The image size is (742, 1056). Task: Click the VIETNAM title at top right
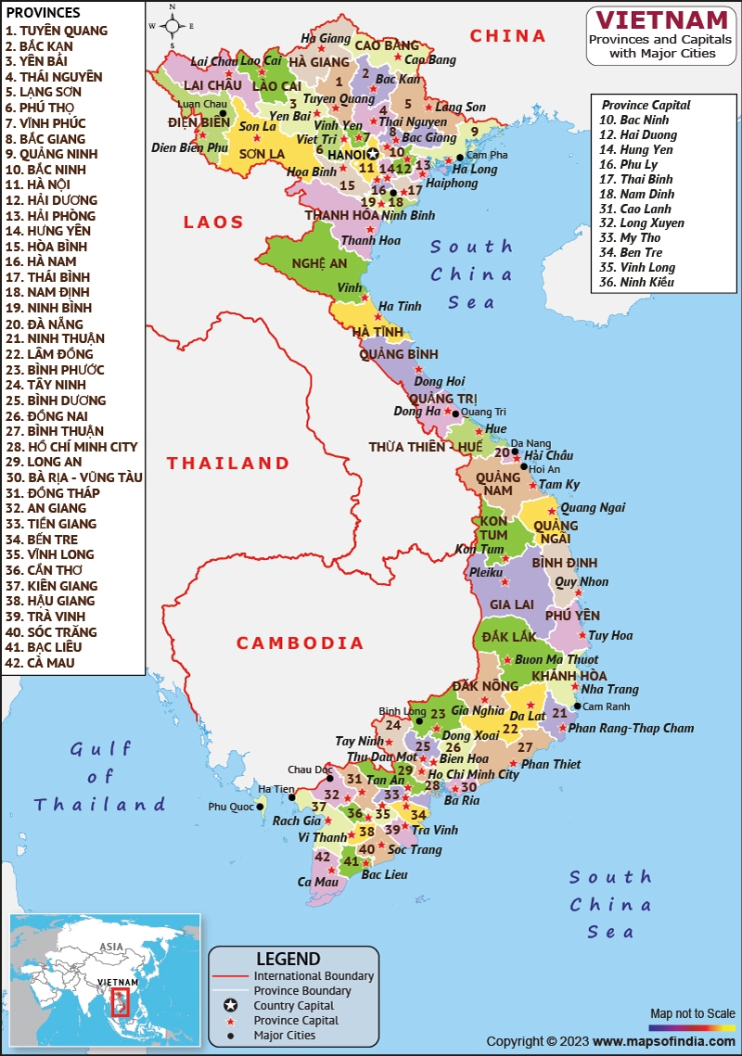pos(661,20)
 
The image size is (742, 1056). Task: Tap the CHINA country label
pos(507,36)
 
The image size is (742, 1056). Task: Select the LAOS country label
pos(213,223)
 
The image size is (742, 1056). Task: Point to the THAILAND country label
pos(228,463)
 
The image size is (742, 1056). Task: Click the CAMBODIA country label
pos(300,643)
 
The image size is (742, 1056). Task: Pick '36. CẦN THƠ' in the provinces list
pos(44,570)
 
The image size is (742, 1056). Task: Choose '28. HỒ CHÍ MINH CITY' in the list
pos(70,447)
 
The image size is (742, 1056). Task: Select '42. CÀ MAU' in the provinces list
pos(40,663)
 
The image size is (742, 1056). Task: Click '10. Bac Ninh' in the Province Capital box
pos(633,120)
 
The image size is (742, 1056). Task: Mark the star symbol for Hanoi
pos(372,154)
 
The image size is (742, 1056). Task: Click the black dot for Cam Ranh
pos(577,706)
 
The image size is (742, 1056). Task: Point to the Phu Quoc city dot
pos(260,807)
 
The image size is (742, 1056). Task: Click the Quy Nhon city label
pos(582,582)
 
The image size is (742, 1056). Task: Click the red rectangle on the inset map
pos(121,1001)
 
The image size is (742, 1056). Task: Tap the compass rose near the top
pos(172,25)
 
